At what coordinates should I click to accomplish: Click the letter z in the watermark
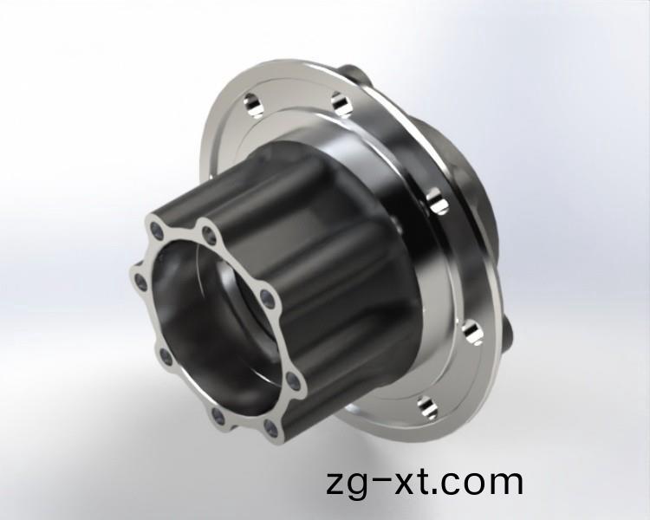[x=336, y=483]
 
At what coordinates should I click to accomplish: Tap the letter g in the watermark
[x=358, y=487]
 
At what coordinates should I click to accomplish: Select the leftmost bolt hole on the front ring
[x=141, y=283]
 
